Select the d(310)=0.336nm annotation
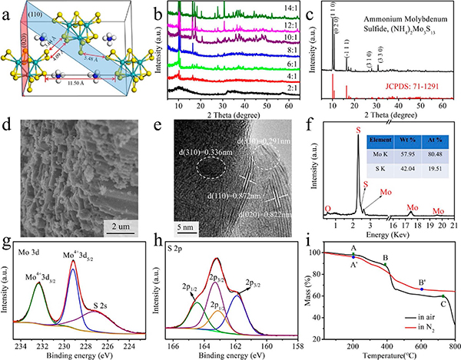pyautogui.click(x=187, y=151)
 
